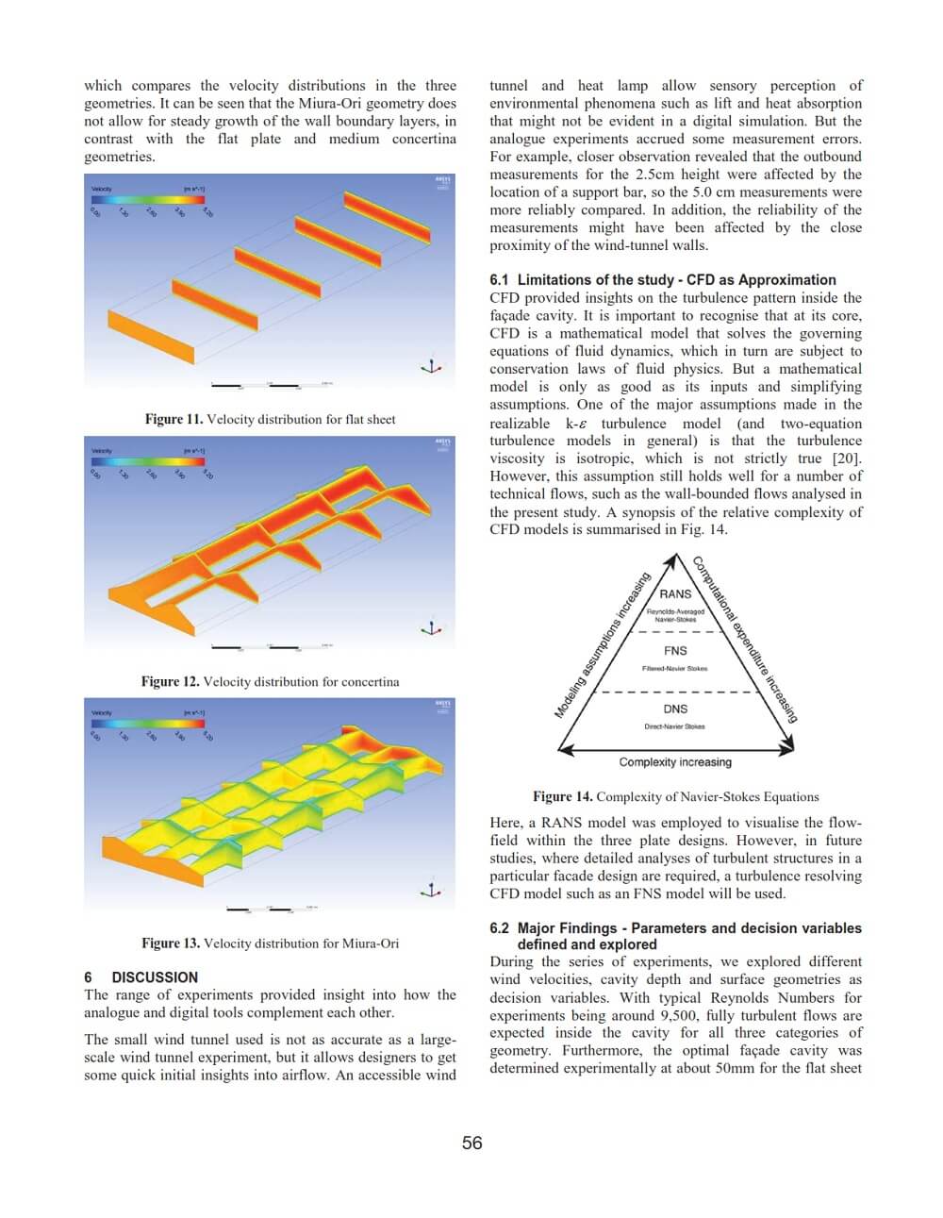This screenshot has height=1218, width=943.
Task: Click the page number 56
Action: [471, 1143]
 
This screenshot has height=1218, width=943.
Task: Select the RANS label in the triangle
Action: [675, 593]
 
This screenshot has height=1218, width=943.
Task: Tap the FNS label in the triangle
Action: [675, 650]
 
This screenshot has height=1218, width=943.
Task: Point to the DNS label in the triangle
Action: [675, 709]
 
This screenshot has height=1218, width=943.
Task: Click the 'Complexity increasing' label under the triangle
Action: [675, 762]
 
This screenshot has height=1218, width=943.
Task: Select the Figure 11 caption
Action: [270, 419]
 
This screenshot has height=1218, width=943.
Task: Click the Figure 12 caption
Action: [270, 681]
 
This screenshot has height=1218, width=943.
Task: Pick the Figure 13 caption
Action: [270, 943]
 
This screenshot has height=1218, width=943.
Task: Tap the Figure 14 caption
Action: [675, 796]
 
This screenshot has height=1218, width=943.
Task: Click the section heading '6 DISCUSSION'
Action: [141, 977]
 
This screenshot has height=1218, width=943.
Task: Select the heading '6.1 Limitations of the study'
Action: [662, 279]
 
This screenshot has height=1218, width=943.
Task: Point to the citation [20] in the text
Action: [847, 459]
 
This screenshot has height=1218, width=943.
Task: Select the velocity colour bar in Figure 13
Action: [148, 724]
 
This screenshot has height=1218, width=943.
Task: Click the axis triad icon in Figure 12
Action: [432, 627]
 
